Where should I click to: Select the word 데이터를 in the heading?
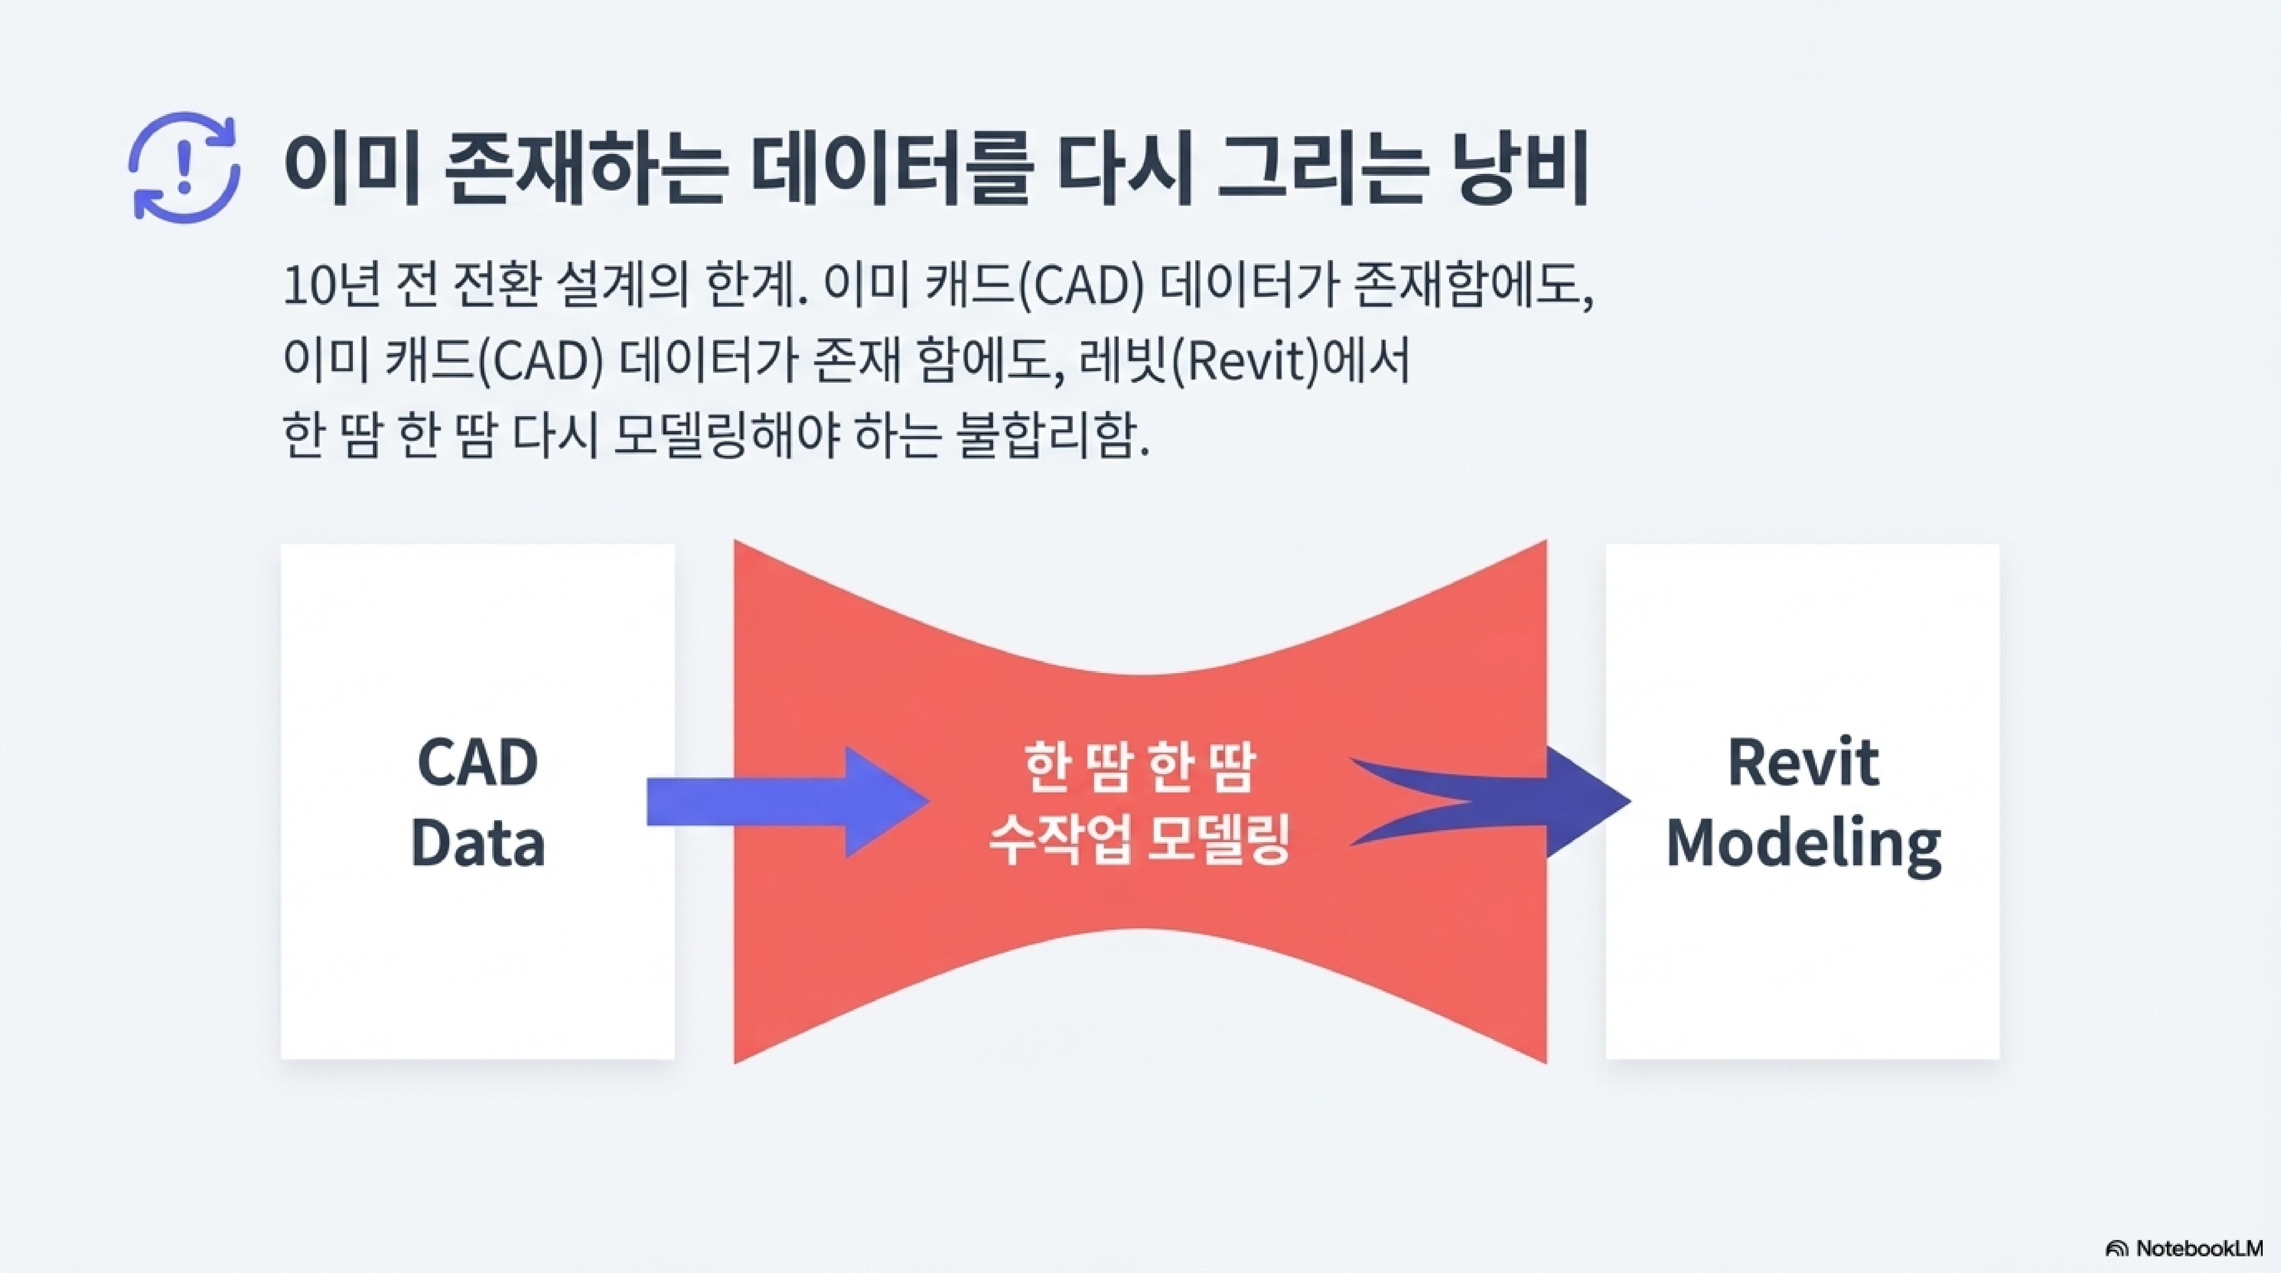890,170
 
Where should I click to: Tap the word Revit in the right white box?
1803,763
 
